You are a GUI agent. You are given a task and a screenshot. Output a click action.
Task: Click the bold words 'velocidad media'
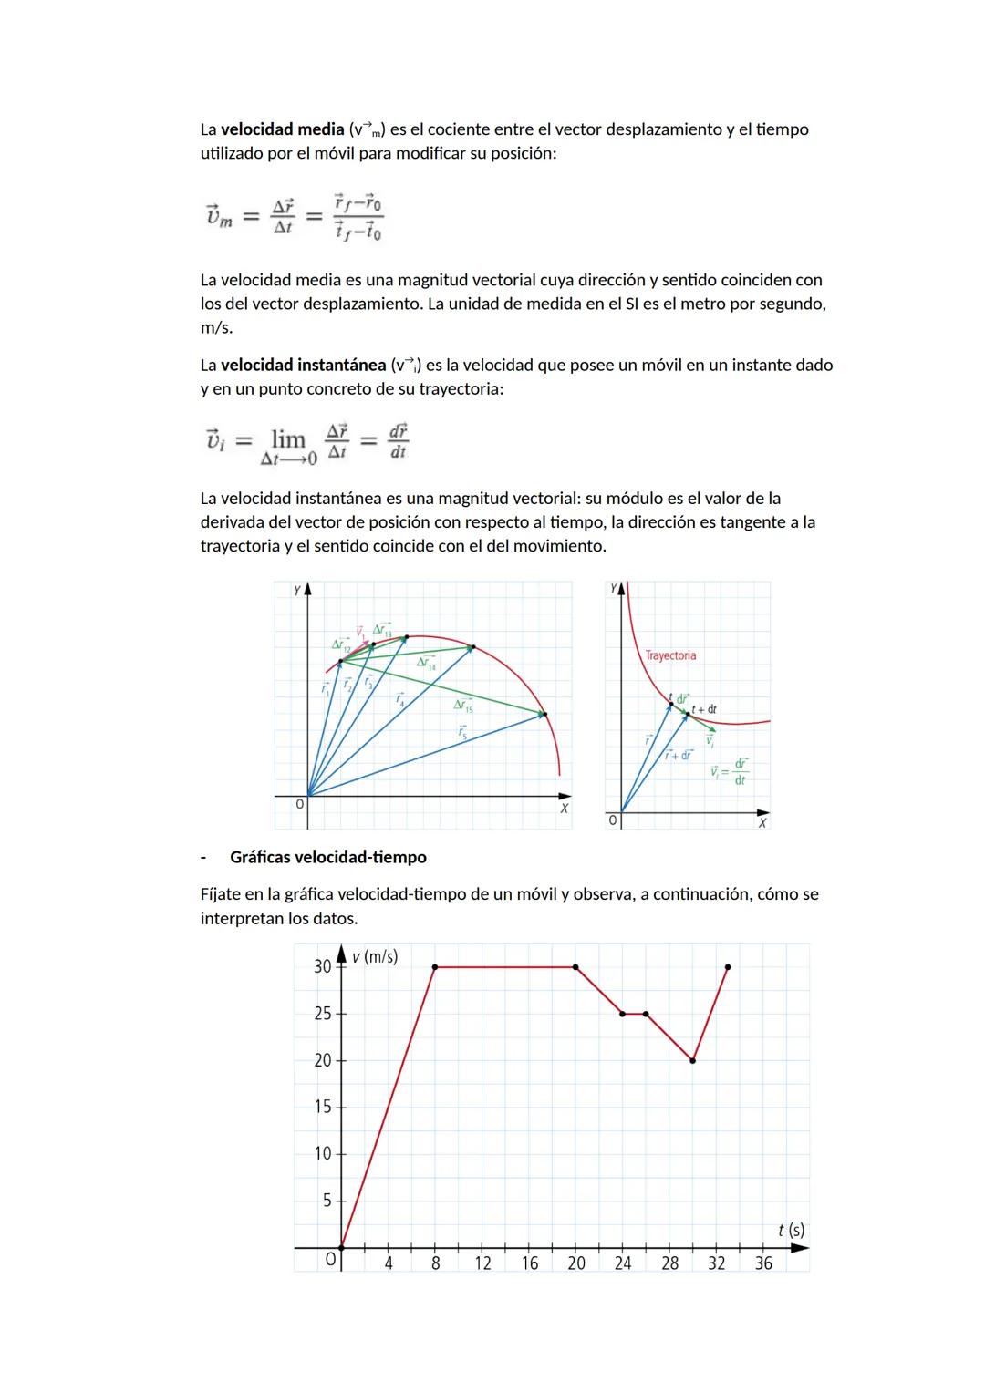click(282, 129)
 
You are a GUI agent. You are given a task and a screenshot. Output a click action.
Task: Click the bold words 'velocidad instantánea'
click(303, 365)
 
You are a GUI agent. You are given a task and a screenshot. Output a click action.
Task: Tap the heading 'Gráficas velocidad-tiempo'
click(327, 857)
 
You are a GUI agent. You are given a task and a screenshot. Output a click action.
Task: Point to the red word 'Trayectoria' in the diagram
click(670, 655)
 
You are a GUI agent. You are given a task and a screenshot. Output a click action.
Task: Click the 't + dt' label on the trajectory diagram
click(705, 708)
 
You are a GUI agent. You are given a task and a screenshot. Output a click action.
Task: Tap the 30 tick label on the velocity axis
click(322, 966)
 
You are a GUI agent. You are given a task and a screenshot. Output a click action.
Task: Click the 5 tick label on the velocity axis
click(327, 1201)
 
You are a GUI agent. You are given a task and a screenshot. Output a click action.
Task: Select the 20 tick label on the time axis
click(576, 1263)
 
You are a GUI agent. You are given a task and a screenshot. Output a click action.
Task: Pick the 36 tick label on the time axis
click(763, 1263)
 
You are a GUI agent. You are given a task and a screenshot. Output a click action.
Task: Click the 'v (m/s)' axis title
click(374, 956)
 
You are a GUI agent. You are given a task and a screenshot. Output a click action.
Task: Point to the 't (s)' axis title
click(791, 1230)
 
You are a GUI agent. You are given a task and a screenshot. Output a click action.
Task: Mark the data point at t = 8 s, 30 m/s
click(435, 966)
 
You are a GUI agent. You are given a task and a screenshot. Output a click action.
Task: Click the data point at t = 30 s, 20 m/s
click(693, 1060)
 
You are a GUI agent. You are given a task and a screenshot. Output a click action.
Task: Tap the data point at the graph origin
click(341, 1247)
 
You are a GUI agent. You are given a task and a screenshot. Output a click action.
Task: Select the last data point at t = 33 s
click(728, 966)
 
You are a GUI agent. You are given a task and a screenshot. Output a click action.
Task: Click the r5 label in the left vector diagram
click(463, 731)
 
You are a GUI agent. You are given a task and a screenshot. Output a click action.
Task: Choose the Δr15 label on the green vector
click(463, 705)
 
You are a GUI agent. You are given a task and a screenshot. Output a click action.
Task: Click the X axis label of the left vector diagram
click(565, 808)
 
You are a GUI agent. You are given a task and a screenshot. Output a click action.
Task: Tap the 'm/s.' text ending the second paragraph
click(216, 327)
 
